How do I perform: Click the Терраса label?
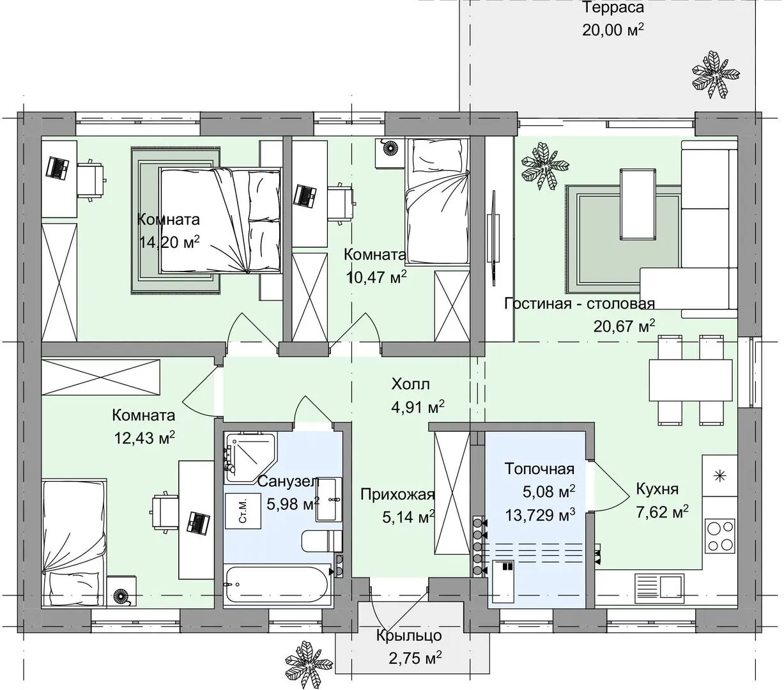[613, 8]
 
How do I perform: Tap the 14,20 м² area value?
[169, 242]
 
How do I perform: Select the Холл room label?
[411, 384]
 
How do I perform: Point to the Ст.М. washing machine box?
[243, 510]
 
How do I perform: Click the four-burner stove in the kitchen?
[721, 535]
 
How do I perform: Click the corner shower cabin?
[251, 457]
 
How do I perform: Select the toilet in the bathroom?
[321, 541]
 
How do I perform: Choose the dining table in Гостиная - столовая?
[691, 380]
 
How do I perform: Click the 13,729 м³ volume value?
[540, 515]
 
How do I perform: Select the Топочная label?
[539, 469]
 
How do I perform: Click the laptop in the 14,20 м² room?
[58, 167]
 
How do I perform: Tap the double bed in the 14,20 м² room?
[220, 220]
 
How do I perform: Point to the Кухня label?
[657, 489]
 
